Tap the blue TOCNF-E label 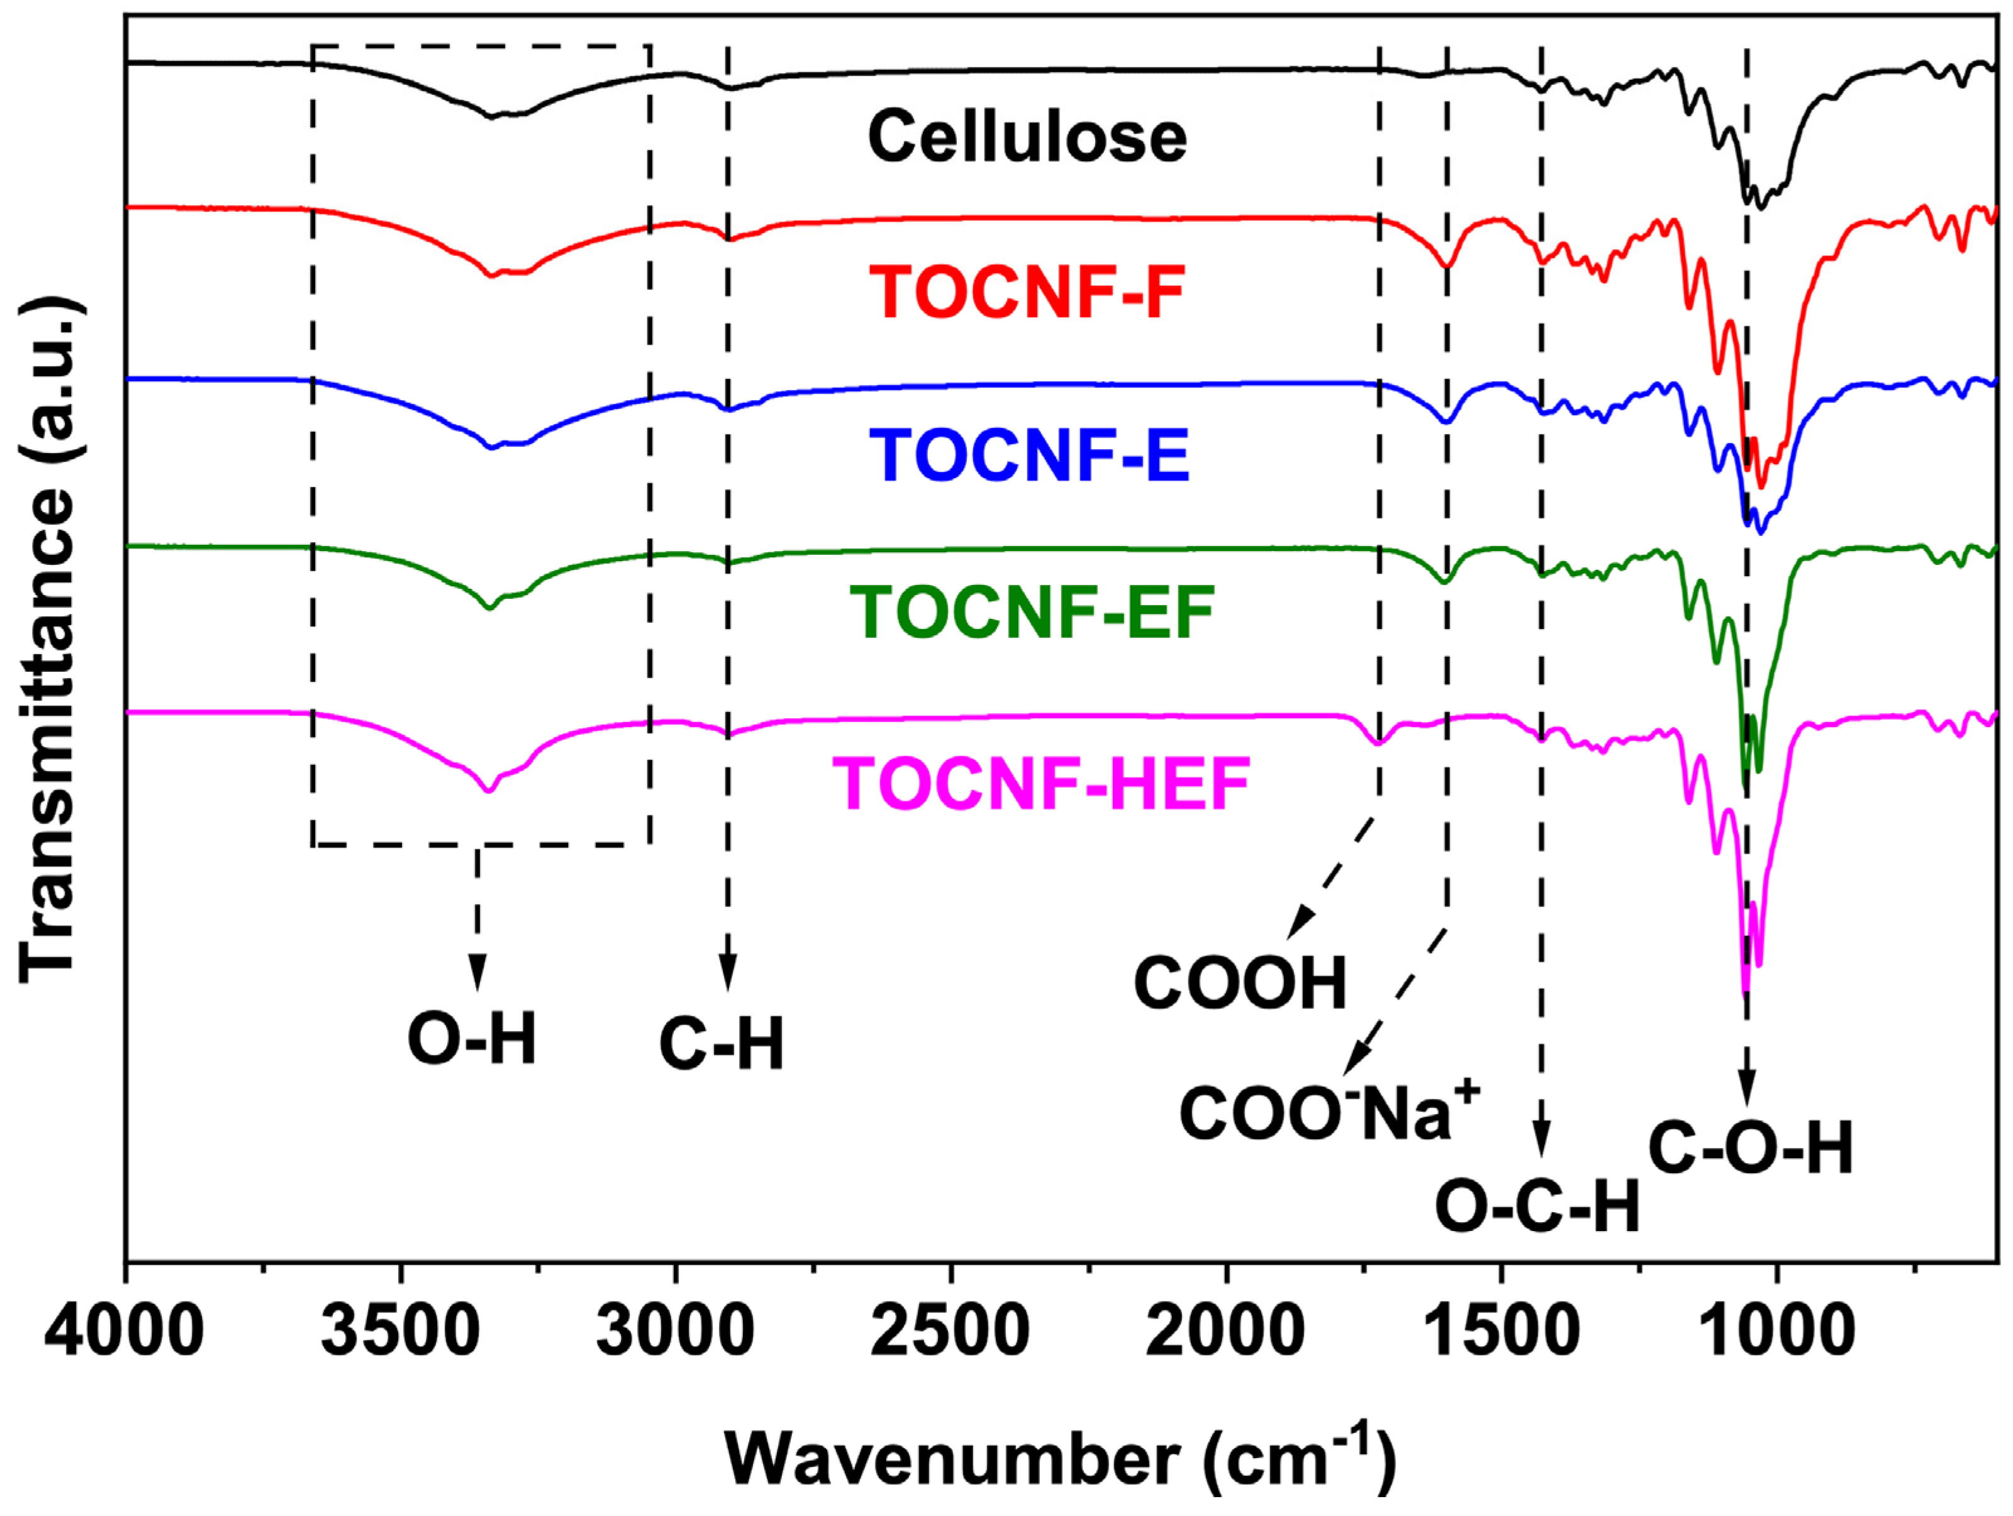pyautogui.click(x=1029, y=455)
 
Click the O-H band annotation pyautogui.click(x=471, y=1039)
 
